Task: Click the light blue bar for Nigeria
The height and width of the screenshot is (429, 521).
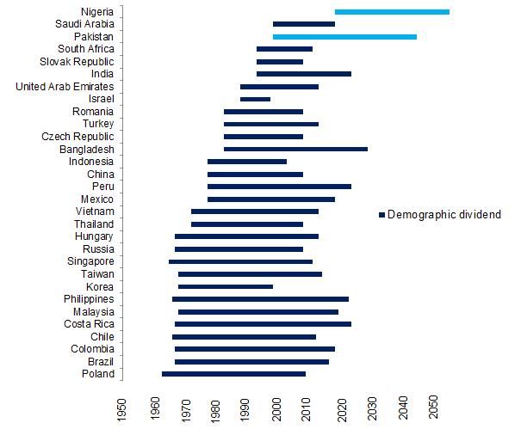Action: point(392,12)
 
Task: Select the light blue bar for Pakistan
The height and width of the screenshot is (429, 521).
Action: point(344,37)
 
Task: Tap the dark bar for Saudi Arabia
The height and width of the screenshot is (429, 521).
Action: point(304,24)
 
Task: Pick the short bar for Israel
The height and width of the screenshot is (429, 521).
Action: point(255,100)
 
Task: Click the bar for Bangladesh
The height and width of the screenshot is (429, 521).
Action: point(295,150)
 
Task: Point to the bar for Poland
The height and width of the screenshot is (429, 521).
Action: point(233,374)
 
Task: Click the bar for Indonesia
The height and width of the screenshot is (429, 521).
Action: point(247,162)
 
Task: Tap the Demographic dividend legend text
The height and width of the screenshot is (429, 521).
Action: point(444,214)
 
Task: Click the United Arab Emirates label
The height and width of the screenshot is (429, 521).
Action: point(65,87)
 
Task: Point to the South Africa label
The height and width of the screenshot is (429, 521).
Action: point(82,49)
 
